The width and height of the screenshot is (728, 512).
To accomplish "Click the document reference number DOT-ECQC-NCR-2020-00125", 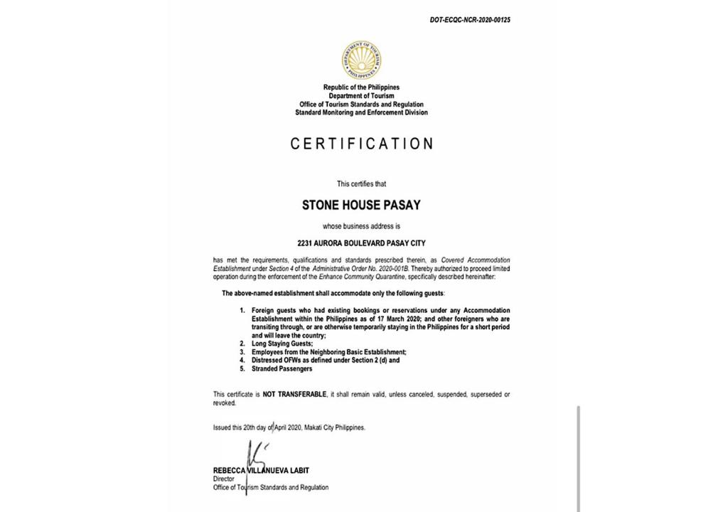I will tap(469, 20).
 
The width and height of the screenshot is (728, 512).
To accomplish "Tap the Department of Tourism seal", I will tap(361, 60).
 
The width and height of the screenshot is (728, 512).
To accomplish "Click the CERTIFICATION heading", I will tap(361, 144).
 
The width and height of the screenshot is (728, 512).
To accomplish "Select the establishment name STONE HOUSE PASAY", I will tap(361, 206).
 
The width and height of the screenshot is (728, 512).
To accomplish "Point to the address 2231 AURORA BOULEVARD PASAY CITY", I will tap(361, 243).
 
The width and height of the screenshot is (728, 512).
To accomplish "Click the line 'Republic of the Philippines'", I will tap(361, 87).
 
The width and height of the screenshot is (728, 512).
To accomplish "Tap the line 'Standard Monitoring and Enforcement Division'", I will tap(361, 113).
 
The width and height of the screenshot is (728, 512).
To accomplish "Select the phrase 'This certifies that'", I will tap(361, 184).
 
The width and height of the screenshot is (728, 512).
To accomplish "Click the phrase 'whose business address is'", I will tap(361, 227).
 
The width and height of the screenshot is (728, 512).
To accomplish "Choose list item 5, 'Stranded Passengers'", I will tap(282, 369).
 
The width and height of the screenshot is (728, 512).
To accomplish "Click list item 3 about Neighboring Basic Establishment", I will tap(328, 352).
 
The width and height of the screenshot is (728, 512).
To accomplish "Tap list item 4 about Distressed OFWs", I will tap(325, 361).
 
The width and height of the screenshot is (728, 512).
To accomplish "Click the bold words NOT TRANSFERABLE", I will tap(294, 394).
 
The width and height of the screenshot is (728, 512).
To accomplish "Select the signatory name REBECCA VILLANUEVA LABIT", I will tap(261, 471).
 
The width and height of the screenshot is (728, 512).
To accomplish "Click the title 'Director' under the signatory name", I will tap(224, 479).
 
